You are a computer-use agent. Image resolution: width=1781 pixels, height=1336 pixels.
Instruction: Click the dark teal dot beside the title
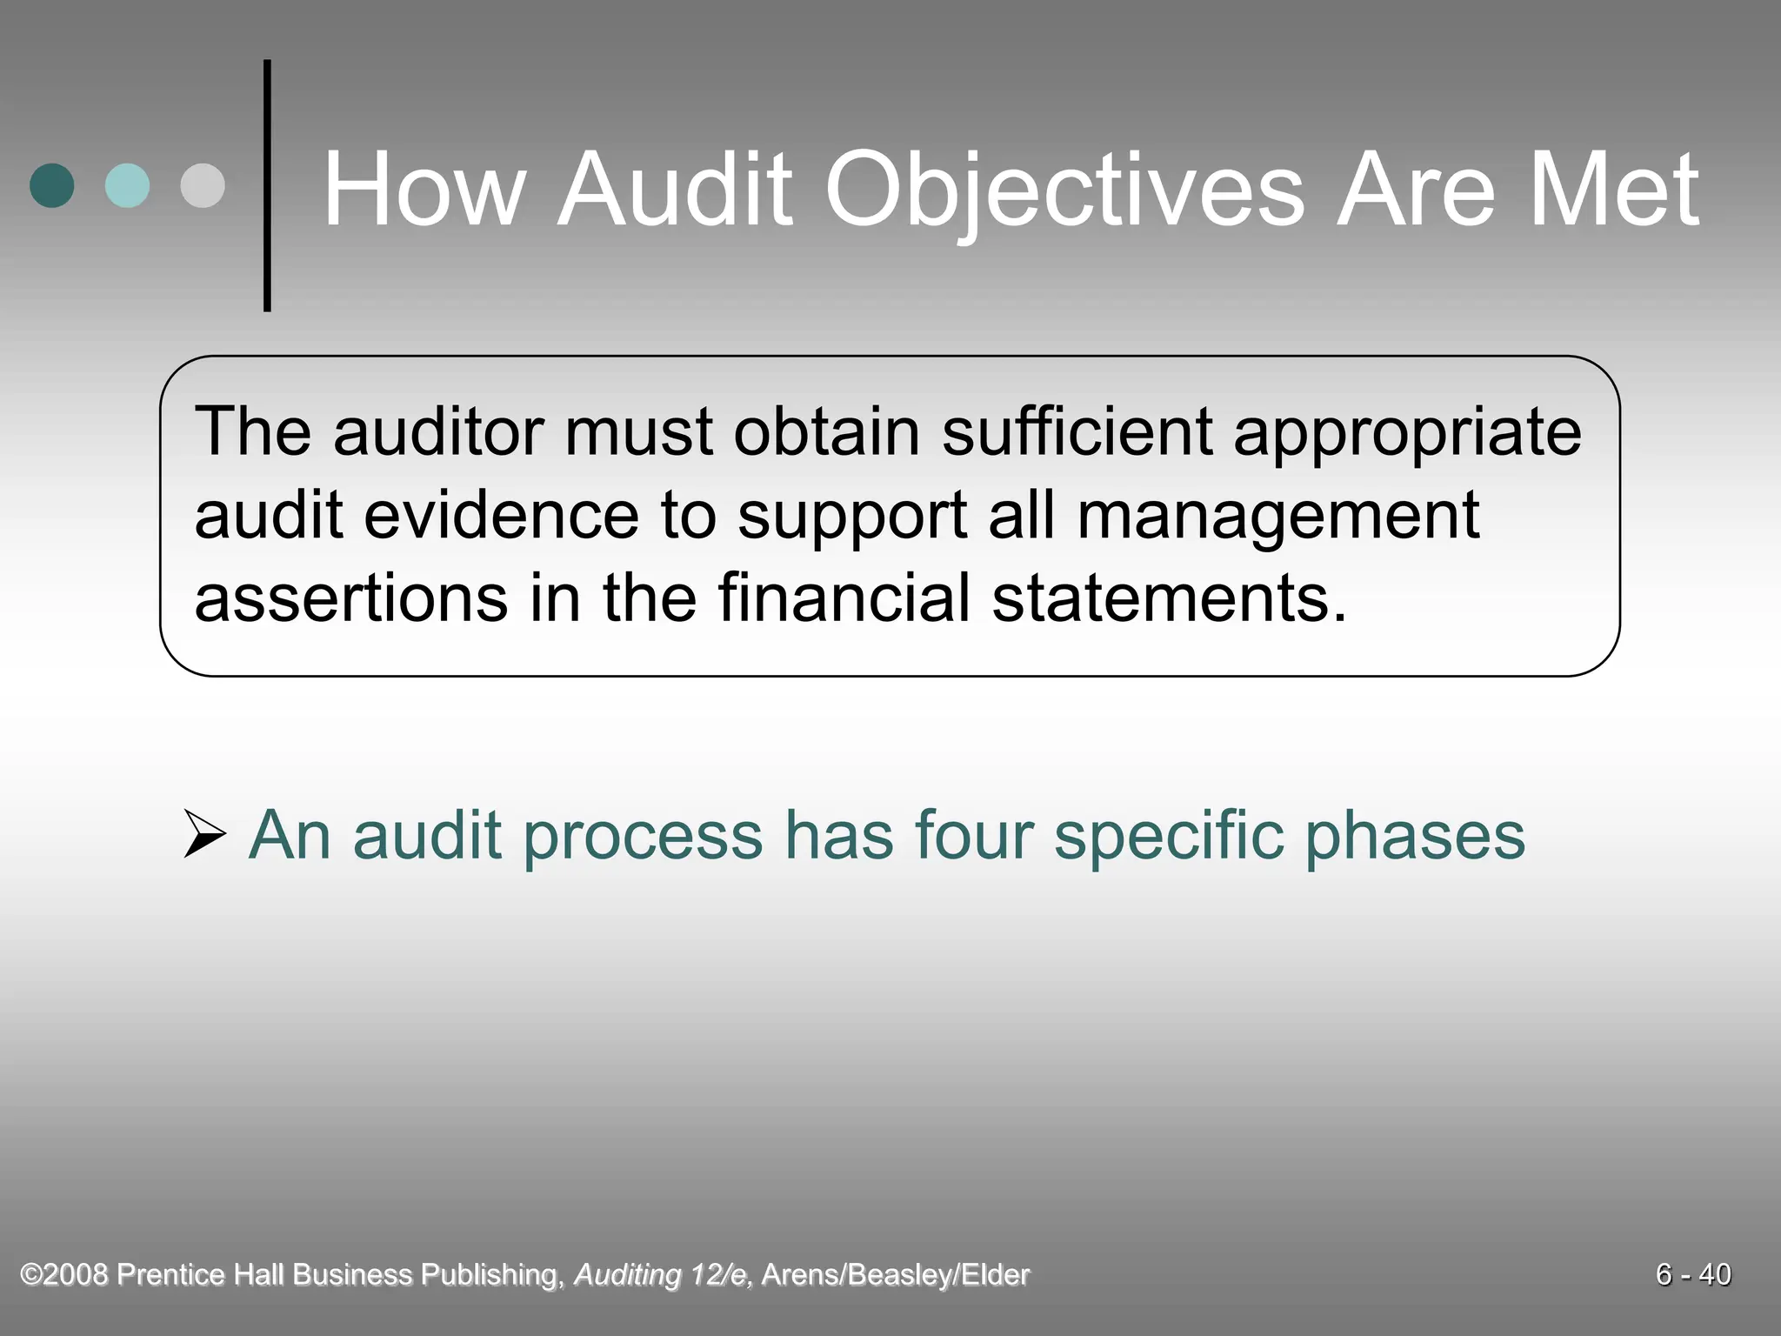(52, 185)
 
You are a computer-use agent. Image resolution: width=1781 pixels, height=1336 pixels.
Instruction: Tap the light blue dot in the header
(127, 185)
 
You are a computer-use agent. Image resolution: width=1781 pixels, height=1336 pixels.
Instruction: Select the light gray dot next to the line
(203, 185)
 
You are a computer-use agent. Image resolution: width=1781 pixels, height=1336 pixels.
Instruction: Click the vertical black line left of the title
(267, 185)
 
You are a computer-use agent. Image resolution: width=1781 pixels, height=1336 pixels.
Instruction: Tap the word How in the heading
(424, 190)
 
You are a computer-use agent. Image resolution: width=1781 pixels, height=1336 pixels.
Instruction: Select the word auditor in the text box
(438, 432)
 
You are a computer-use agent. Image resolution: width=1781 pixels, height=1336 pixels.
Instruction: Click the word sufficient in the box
(1077, 432)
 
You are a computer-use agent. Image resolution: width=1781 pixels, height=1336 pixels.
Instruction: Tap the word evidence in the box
(501, 515)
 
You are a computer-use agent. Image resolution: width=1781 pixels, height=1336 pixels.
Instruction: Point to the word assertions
(350, 598)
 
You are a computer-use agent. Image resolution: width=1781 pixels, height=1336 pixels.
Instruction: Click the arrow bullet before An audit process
(204, 835)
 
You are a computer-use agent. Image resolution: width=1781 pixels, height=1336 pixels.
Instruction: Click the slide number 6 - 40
(1692, 1274)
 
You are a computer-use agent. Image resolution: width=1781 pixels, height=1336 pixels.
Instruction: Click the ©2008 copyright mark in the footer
(65, 1274)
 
